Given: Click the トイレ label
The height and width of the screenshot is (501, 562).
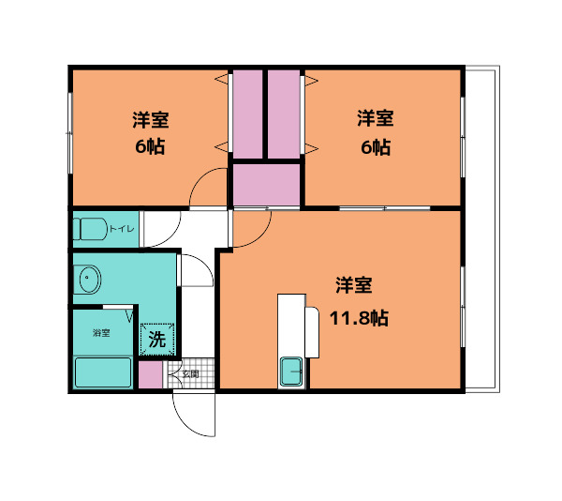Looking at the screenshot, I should click(122, 229).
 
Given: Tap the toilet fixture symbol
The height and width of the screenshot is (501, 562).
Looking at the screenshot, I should click(92, 229).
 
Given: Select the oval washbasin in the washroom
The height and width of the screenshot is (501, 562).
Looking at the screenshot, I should click(90, 279).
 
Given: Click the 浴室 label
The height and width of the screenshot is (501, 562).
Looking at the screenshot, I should click(100, 333).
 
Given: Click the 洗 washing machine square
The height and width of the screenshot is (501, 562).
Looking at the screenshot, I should click(155, 339).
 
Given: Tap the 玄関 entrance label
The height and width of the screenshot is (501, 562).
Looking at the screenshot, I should click(190, 373).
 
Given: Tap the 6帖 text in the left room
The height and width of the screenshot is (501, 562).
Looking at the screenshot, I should click(149, 147).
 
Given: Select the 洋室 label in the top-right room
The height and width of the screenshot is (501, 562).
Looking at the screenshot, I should click(374, 119).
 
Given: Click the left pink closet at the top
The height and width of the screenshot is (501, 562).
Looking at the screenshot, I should click(248, 114).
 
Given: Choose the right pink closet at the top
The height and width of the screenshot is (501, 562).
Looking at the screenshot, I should click(284, 114).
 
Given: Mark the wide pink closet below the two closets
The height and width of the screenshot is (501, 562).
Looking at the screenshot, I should click(266, 184).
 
